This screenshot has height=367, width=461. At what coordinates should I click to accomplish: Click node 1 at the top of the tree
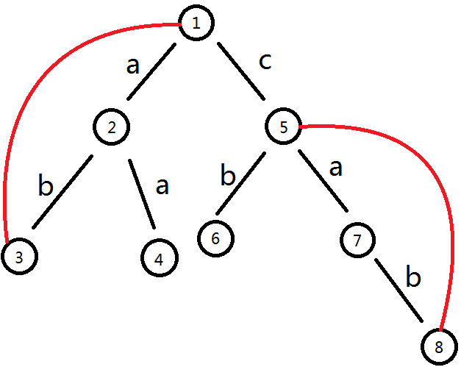(x=196, y=23)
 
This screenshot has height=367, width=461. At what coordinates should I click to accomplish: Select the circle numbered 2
(x=112, y=127)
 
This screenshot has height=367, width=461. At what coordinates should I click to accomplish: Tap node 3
(x=18, y=257)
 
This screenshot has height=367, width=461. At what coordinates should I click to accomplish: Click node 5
(x=284, y=127)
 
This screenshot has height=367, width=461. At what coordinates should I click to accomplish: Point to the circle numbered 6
(x=216, y=238)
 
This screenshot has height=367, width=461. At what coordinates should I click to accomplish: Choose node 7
(x=358, y=239)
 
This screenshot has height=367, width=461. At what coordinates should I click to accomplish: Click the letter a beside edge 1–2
(x=132, y=66)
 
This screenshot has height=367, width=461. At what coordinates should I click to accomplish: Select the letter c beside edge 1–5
(x=265, y=62)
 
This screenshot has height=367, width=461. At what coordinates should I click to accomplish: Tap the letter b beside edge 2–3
(x=46, y=185)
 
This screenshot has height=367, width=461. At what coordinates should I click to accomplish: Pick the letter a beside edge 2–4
(x=162, y=185)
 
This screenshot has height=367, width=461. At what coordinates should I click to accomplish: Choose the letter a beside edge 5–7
(x=335, y=168)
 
